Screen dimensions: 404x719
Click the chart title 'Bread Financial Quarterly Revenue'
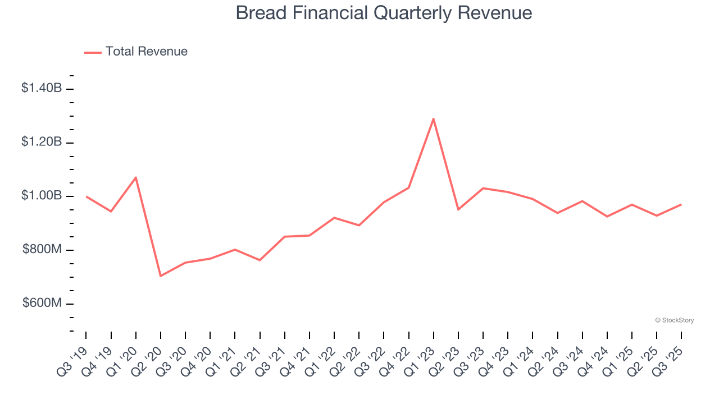(384, 12)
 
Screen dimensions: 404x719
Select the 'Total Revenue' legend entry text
(146, 52)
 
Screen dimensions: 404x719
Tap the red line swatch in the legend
(93, 52)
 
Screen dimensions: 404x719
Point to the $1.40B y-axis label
(42, 88)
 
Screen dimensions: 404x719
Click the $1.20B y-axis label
(42, 142)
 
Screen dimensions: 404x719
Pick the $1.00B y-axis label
(42, 196)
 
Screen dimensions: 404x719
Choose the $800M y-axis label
(42, 250)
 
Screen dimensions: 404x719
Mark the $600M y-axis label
(42, 304)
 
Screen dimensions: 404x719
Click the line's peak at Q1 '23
(433, 118)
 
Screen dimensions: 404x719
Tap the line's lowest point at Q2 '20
(161, 276)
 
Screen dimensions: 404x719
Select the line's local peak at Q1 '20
(136, 177)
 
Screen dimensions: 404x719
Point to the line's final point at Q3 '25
(681, 204)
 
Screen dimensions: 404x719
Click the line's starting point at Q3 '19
(87, 196)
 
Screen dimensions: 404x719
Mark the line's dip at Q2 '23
(458, 209)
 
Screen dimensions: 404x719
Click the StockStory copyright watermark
(674, 320)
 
